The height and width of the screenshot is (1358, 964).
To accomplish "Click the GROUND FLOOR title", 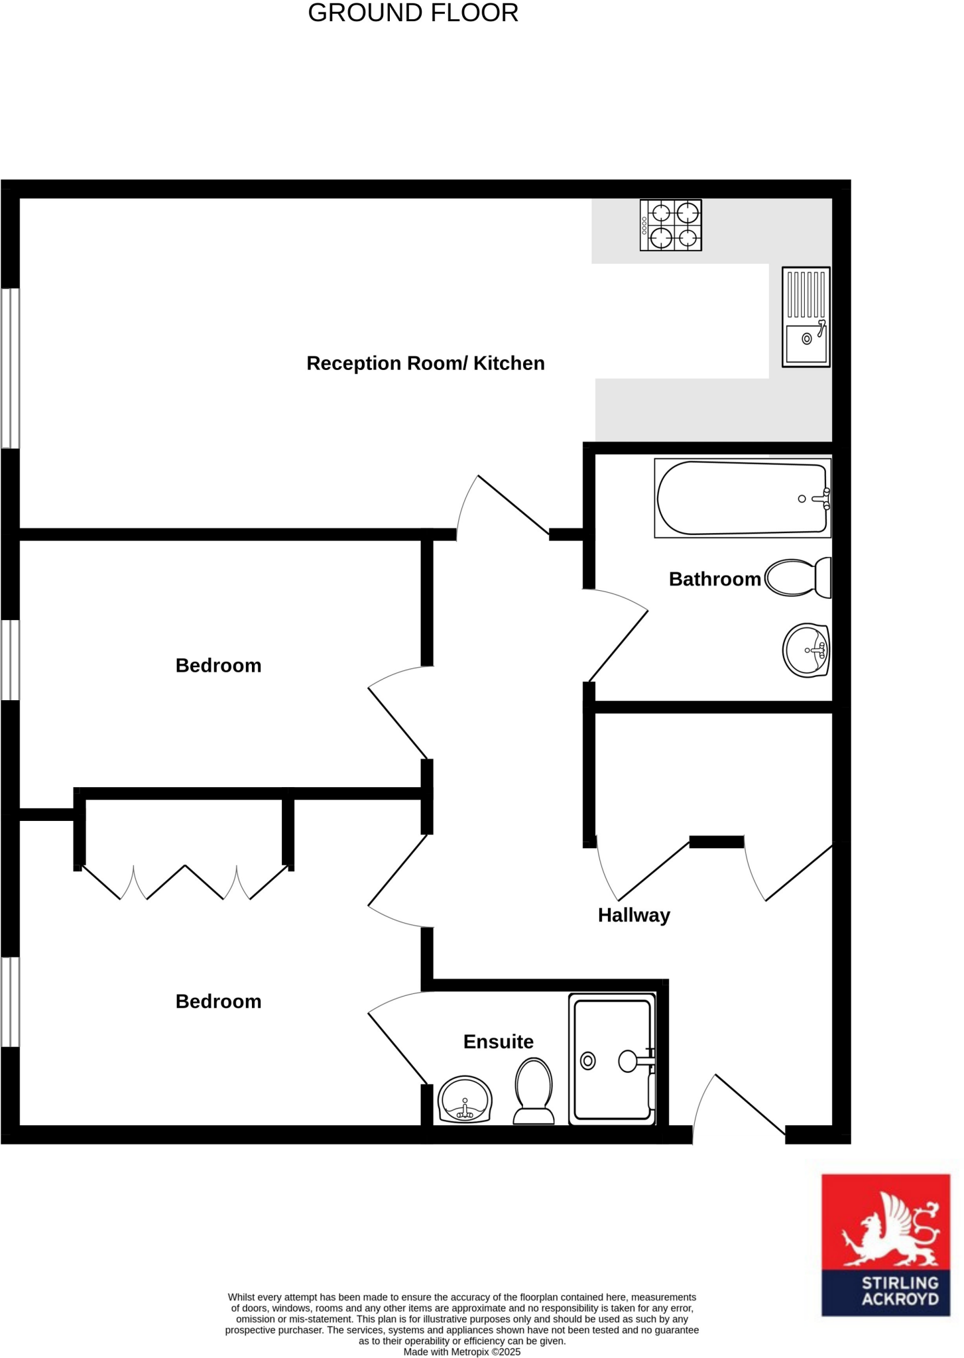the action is (x=413, y=13).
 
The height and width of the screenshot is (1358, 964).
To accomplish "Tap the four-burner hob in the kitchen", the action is (x=670, y=225).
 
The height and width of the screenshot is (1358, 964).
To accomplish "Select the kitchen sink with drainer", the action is (x=806, y=316).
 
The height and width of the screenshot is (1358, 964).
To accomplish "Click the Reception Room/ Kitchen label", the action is (x=426, y=363).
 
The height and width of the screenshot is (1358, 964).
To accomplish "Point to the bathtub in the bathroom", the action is (x=742, y=497).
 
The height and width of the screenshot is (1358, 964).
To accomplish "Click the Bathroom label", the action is (x=715, y=580).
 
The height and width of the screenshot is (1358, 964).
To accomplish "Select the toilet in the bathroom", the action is (x=798, y=578).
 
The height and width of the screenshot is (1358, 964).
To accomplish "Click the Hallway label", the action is (x=634, y=916).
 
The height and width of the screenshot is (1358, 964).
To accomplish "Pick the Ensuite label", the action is (x=499, y=1042).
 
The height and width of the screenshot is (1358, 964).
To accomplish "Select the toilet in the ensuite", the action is (x=534, y=1091).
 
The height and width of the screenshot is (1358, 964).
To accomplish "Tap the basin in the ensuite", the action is (x=465, y=1099).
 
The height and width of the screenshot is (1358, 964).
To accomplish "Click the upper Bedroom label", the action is (x=219, y=666).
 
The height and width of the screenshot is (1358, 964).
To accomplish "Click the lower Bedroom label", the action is (x=219, y=1002).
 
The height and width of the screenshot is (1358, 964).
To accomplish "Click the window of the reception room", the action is (x=10, y=368).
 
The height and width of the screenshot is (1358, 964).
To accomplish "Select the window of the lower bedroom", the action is (x=10, y=1001).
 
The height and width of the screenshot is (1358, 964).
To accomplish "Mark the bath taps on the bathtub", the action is (x=825, y=499).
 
